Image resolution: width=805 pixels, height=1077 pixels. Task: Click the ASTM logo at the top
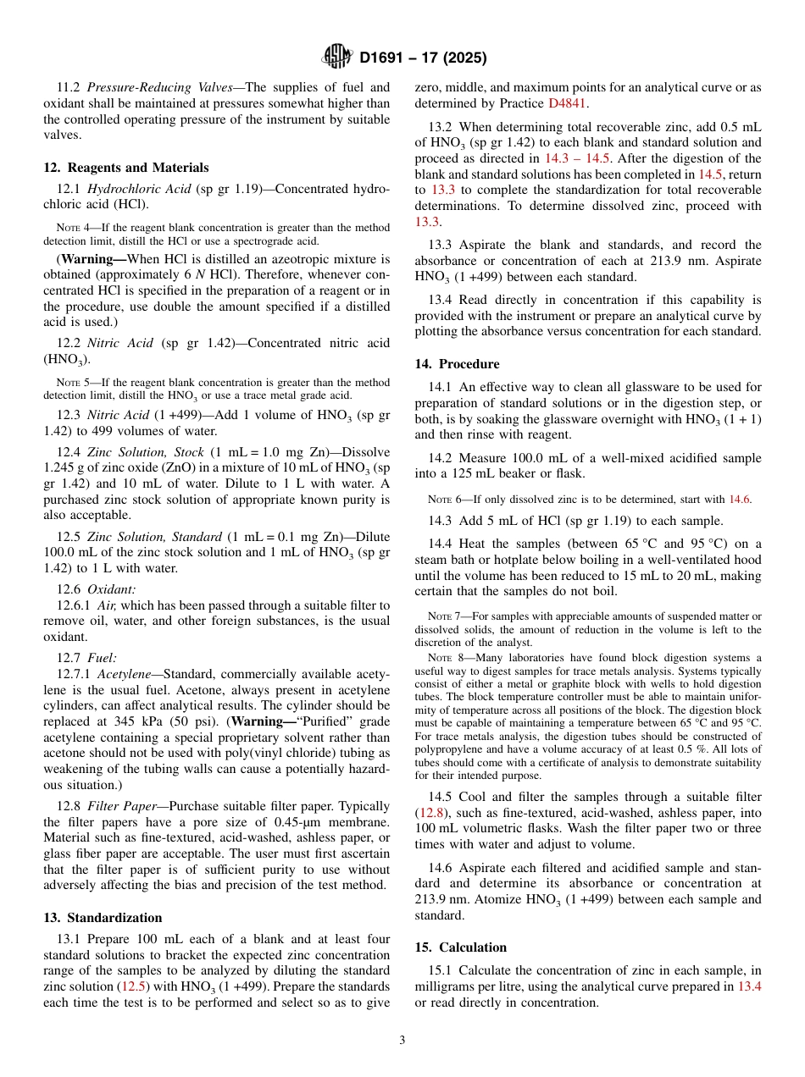coord(336,58)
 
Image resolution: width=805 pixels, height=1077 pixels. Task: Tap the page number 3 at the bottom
coord(402,1040)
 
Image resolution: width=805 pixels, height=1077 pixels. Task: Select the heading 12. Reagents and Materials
coord(125,168)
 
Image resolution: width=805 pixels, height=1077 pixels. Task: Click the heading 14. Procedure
coord(457,364)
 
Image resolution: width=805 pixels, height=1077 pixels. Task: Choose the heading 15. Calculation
coord(460,947)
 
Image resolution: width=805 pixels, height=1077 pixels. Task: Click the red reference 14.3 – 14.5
coord(578,158)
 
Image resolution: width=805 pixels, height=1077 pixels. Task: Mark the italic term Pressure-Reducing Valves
coord(159,87)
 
